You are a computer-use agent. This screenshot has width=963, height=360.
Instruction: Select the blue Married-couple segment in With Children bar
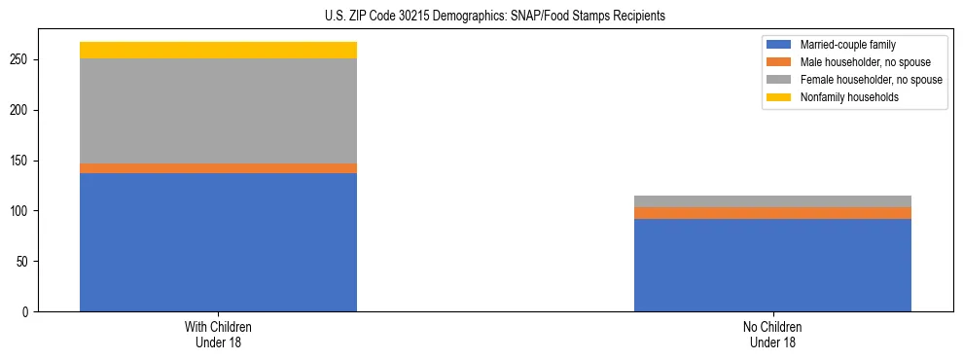(218, 242)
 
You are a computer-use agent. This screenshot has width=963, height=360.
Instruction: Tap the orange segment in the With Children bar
(218, 168)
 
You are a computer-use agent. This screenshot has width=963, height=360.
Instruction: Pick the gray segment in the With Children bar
(218, 111)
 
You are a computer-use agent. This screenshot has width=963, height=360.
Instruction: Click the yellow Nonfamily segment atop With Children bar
(218, 50)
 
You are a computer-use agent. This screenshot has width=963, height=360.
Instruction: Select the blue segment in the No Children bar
(772, 265)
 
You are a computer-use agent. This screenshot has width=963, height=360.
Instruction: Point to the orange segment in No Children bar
(772, 213)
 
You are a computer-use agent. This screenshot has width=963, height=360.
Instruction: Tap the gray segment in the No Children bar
(772, 201)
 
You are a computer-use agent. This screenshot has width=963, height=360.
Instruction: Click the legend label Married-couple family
(848, 45)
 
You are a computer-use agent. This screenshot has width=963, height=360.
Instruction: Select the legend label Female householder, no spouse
(871, 80)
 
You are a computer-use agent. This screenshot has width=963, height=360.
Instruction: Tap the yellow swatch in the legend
(779, 97)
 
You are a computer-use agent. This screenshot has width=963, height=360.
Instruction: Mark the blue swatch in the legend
(779, 45)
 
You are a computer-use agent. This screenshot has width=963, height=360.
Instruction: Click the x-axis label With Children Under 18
(218, 335)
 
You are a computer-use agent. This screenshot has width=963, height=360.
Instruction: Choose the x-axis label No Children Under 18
(772, 335)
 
